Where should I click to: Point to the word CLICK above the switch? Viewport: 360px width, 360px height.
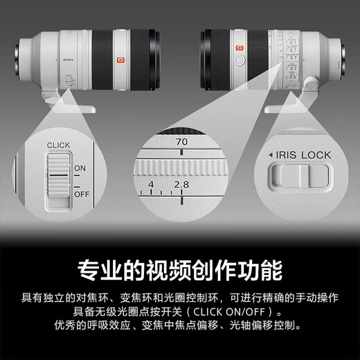(59, 145)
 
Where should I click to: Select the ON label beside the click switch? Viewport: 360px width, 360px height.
(80, 168)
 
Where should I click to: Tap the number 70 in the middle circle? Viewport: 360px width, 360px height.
(182, 141)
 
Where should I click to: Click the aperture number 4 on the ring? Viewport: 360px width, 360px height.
(151, 186)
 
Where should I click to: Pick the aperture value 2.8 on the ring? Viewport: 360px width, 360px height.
(181, 186)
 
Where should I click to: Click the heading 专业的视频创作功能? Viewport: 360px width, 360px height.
(180, 269)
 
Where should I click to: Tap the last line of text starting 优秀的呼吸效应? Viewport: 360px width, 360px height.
(180, 325)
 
